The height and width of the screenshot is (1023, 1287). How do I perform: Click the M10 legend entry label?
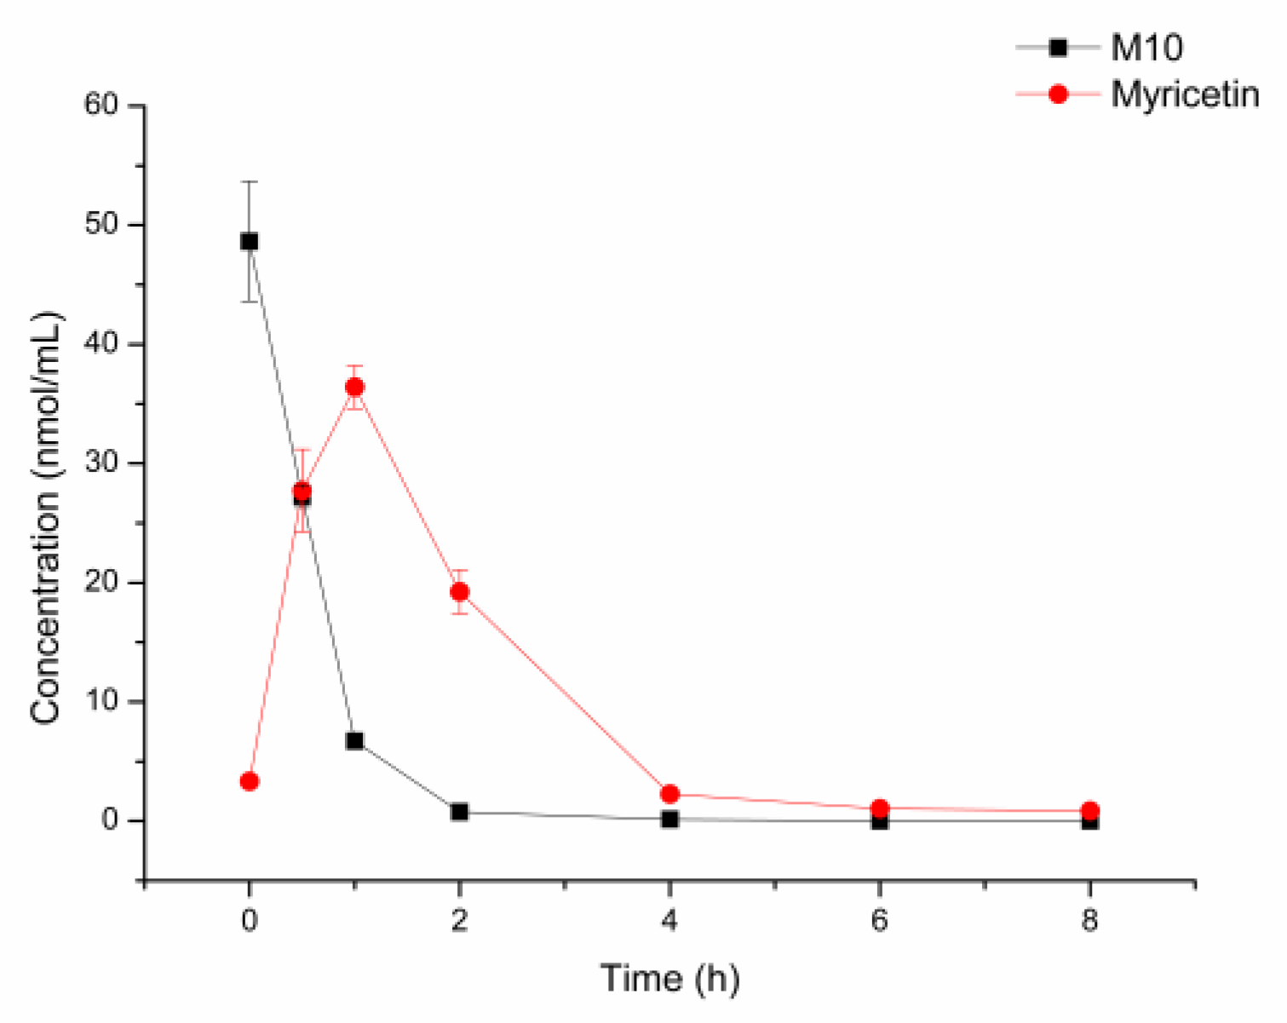point(1146,48)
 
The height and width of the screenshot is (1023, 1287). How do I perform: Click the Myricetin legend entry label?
point(1185,94)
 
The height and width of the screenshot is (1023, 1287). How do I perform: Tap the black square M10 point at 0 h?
point(249,242)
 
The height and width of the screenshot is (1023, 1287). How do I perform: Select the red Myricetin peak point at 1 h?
point(354,388)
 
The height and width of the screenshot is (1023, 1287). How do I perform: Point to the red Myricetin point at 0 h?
point(249,781)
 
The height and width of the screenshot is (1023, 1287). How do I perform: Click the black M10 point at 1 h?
point(354,741)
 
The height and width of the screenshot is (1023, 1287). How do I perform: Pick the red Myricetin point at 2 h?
point(459,592)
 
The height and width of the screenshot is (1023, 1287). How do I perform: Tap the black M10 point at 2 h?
point(459,812)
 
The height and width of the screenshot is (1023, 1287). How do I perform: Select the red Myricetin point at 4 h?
point(669,794)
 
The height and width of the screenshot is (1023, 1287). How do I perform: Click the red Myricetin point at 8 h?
point(1089,811)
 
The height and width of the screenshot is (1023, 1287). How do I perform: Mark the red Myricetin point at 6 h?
point(880,808)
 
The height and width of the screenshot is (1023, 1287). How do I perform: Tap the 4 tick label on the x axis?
point(669,922)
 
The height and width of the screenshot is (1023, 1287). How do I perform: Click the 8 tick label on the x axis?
point(1089,922)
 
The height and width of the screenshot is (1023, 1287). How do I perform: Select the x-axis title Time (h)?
point(669,978)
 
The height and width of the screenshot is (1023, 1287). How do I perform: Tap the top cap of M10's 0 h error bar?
point(249,181)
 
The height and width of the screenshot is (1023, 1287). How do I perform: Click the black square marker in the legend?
point(1057,48)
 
